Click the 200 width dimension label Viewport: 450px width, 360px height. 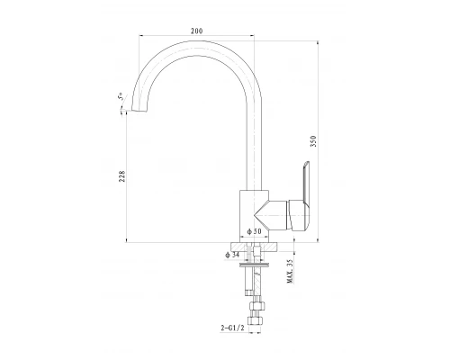pyautogui.click(x=196, y=31)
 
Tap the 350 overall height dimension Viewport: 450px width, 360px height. pyautogui.click(x=313, y=141)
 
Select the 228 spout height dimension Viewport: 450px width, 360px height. pyautogui.click(x=121, y=176)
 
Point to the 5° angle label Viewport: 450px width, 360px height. pyautogui.click(x=120, y=96)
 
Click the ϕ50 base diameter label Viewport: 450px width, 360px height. pyautogui.click(x=254, y=231)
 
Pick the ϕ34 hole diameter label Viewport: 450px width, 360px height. pyautogui.click(x=232, y=255)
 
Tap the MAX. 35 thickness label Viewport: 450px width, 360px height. pyautogui.click(x=290, y=271)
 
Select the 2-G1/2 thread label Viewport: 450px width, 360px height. pyautogui.click(x=232, y=328)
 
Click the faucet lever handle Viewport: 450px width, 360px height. pyautogui.click(x=301, y=198)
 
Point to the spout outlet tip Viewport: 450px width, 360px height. pyautogui.click(x=139, y=110)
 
